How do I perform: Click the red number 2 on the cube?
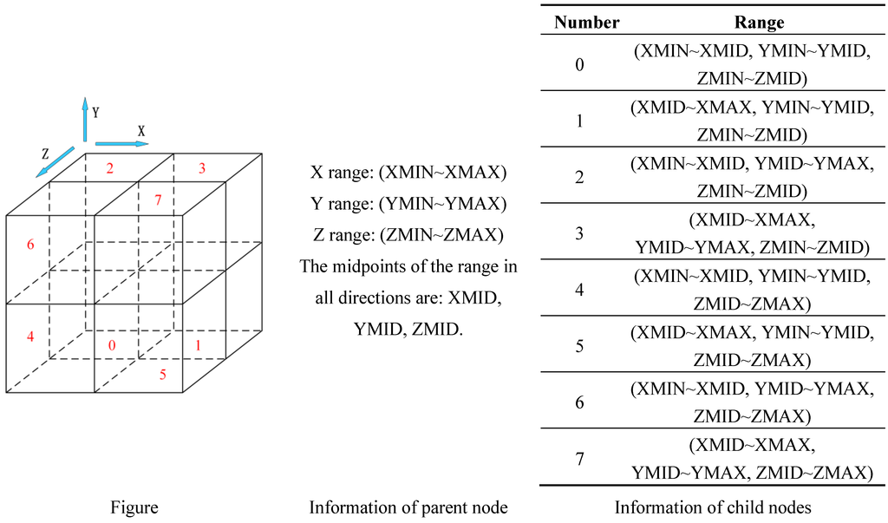(110, 168)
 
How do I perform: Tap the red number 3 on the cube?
(201, 168)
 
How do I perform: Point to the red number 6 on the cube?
(30, 245)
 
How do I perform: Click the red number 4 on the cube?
(30, 336)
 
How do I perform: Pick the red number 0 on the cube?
(111, 345)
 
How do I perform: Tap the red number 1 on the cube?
(200, 345)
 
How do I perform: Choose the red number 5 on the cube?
(161, 375)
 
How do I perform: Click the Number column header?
(587, 22)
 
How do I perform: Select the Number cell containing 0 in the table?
(580, 65)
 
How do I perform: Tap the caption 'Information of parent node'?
(408, 507)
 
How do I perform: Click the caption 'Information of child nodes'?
(713, 507)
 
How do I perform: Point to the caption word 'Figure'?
(134, 507)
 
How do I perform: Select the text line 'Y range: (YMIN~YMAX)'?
(408, 204)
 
